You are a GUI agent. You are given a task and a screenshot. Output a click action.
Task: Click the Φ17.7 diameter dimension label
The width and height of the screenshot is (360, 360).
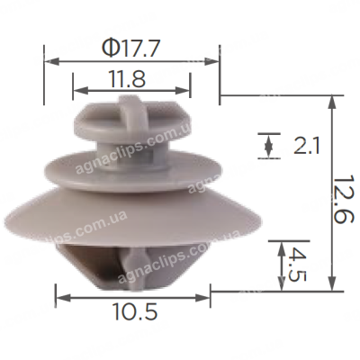(130, 49)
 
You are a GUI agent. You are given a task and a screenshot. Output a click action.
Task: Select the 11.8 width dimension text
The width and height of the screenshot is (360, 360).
(127, 79)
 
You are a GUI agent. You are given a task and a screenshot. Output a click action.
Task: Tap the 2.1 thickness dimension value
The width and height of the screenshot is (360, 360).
(307, 146)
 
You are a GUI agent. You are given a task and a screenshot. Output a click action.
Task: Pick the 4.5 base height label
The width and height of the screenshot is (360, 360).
(297, 265)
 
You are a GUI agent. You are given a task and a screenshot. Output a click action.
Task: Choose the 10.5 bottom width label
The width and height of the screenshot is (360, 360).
(134, 311)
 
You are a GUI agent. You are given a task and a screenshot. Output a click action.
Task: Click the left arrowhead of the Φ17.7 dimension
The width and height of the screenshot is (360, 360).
(51, 62)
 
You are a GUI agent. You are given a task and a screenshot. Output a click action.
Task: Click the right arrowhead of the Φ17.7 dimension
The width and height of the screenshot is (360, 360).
(212, 62)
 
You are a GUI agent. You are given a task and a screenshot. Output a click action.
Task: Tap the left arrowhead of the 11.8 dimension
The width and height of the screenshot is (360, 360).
(80, 90)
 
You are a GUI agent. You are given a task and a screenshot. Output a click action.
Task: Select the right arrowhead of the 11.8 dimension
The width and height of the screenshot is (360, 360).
(183, 90)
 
